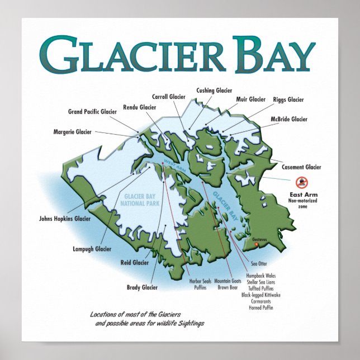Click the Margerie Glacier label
pos(72,132)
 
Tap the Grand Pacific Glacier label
pos(92,112)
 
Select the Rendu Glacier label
pos(139,107)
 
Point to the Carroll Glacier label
pos(168,96)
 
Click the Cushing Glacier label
pos(214,90)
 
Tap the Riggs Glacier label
pos(288,100)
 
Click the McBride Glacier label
pos(289,119)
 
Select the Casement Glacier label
pos(301,167)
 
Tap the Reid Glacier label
pos(135,262)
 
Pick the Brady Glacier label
pos(142,287)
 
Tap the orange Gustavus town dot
pos(257,244)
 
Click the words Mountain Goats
pos(228,281)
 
